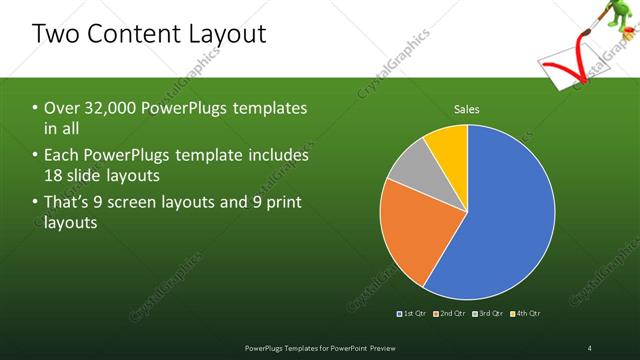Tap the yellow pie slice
448,151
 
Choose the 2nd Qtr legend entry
451,314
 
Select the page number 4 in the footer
589,347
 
